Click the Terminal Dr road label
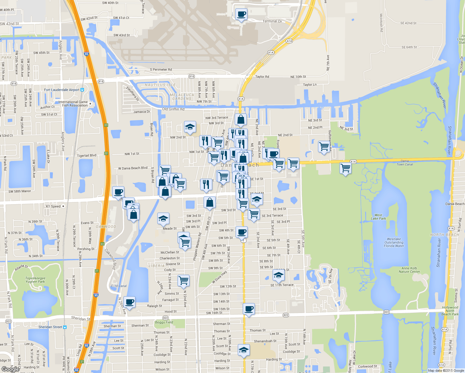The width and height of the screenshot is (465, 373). (272, 21)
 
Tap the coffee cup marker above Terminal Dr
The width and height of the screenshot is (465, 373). (241, 14)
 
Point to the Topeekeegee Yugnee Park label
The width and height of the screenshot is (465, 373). (35, 280)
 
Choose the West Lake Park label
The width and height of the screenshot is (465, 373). (378, 217)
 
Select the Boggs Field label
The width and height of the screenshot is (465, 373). (164, 322)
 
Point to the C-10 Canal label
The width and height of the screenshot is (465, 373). (119, 286)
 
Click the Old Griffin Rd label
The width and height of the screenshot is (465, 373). (173, 109)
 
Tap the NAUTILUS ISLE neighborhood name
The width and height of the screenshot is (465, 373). (160, 85)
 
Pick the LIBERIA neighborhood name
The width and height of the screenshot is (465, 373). (156, 266)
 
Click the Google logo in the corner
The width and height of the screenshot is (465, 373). (11, 369)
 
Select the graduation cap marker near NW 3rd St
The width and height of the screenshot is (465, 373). (190, 127)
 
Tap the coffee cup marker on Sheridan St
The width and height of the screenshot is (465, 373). (248, 309)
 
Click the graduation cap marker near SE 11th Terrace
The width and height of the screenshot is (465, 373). (279, 275)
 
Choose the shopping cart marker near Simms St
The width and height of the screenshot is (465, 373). (184, 280)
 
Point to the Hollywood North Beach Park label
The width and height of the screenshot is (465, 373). (450, 311)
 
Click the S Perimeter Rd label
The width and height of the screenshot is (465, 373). (161, 70)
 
